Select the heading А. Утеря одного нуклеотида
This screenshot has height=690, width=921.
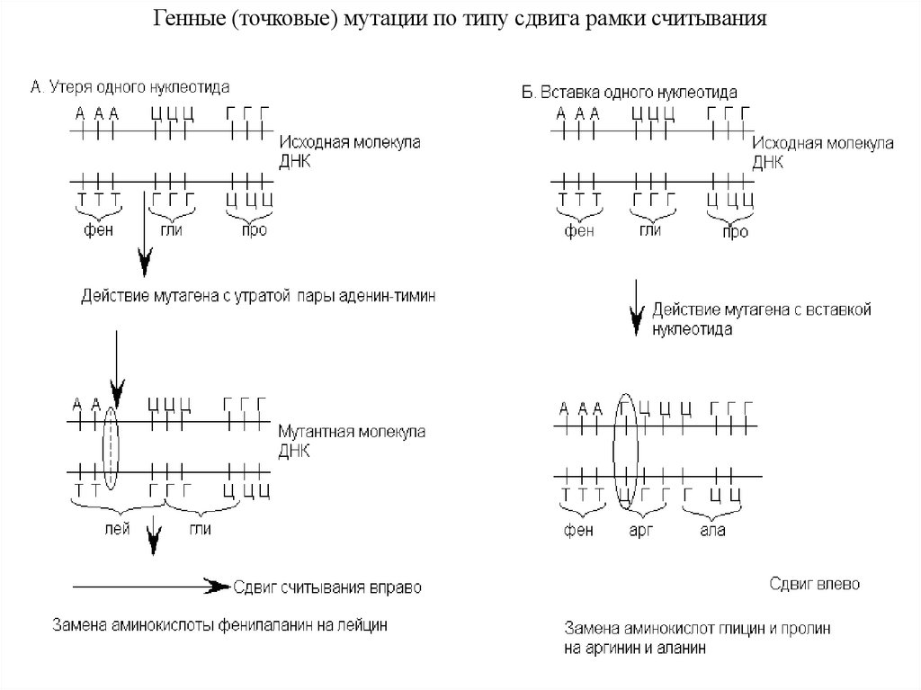[130, 87]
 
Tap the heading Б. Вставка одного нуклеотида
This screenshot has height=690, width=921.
[630, 92]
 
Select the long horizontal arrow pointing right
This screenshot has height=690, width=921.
[148, 586]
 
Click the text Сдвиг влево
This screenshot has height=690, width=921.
[814, 584]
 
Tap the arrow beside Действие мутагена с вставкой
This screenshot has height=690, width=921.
[637, 309]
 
